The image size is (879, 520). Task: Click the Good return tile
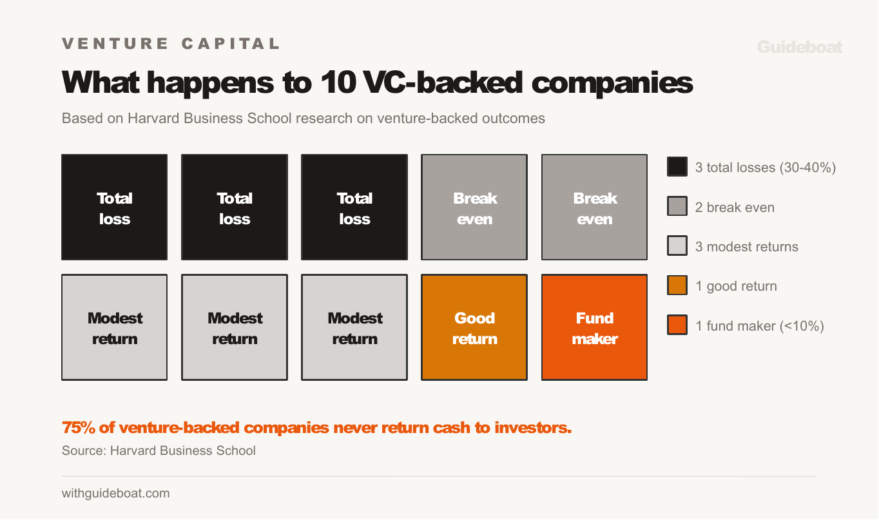[x=474, y=327]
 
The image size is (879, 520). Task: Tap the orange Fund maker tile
[x=594, y=327]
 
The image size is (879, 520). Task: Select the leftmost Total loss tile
[x=115, y=207]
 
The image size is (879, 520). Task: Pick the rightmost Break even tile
[x=594, y=207]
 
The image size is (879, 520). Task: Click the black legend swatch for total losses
[x=677, y=168]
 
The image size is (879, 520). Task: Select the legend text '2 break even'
[x=735, y=207]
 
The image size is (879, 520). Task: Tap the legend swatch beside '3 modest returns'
[x=677, y=247]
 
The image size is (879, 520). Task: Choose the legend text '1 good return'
[x=736, y=287]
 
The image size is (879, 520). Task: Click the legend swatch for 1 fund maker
[x=677, y=326]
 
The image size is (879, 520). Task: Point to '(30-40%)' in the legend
[x=807, y=168]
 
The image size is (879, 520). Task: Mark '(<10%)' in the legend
[x=802, y=326]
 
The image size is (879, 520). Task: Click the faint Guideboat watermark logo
[x=799, y=47]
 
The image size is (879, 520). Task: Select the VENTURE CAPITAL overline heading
[x=171, y=44]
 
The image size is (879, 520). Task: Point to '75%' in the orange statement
[x=75, y=428]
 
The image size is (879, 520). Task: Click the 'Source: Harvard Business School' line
[x=159, y=450]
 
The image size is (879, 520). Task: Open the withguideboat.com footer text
[x=116, y=494]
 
